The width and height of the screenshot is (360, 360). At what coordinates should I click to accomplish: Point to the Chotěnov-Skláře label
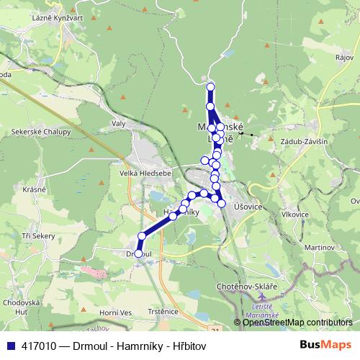(x=246, y=287)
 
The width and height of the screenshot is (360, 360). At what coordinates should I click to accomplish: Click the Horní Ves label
(x=116, y=312)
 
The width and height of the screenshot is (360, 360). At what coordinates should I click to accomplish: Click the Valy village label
(x=119, y=124)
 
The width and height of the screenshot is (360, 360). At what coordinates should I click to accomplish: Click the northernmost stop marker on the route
(x=211, y=87)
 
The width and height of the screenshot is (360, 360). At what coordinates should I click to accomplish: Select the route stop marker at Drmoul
(x=139, y=253)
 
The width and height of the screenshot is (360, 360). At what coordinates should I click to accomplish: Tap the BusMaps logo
(x=325, y=346)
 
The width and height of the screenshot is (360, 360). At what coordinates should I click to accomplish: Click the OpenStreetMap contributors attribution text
(x=297, y=323)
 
